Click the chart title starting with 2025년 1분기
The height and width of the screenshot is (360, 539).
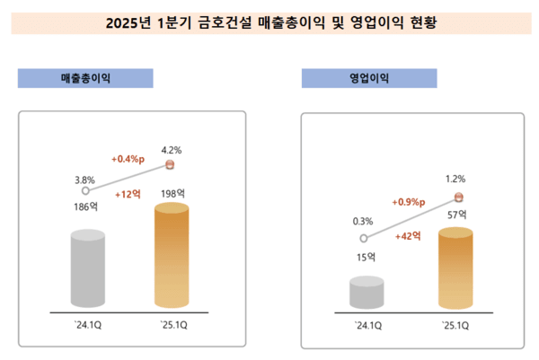(269, 20)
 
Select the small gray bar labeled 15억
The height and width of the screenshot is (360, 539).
(367, 293)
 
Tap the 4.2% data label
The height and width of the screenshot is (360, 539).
(172, 150)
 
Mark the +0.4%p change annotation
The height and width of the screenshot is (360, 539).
(128, 159)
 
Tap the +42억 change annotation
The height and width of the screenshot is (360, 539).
(410, 236)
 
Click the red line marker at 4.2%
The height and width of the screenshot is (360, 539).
(172, 165)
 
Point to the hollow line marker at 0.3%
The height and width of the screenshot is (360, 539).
(364, 239)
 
